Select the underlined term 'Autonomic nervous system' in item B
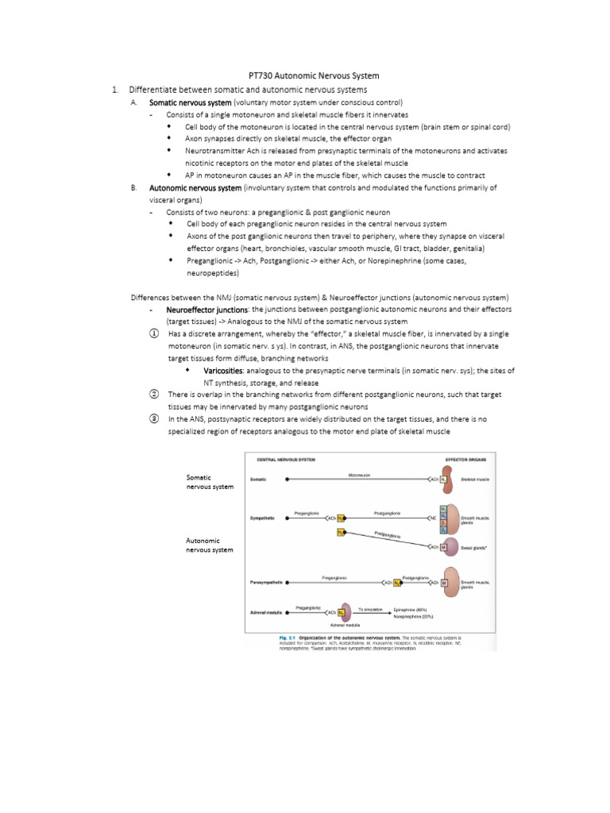[195, 188]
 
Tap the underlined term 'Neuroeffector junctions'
[208, 309]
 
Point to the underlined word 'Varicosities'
[224, 371]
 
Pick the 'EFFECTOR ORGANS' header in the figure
[466, 460]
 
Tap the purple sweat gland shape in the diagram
[450, 547]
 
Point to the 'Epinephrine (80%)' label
[412, 609]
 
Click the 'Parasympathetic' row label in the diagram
[267, 582]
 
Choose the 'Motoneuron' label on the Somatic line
[359, 475]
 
